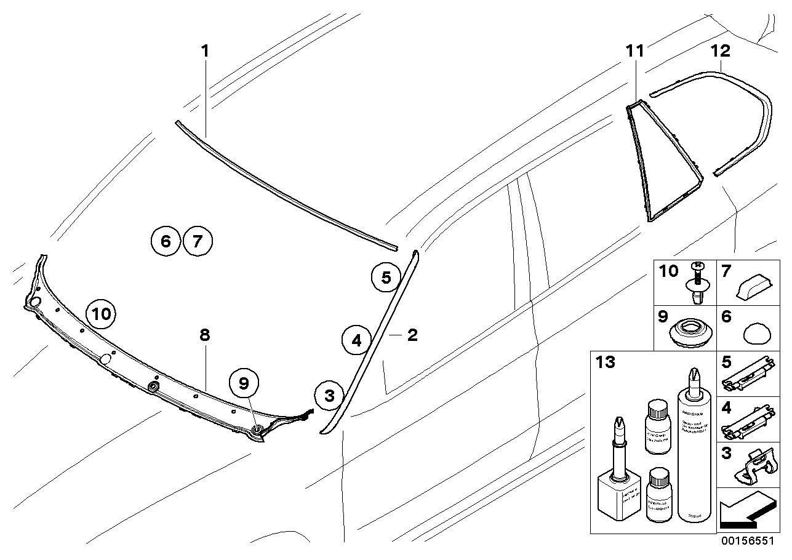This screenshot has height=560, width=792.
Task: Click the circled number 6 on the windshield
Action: coord(166,241)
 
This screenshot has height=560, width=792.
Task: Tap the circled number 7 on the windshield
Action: coord(197,241)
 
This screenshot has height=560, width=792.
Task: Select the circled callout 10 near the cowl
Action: coord(102,314)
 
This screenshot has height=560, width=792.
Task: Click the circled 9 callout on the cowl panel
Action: coord(244,383)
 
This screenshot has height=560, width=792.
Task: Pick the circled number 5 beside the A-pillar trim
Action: coord(386,278)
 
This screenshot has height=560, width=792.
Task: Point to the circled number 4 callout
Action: coord(357,340)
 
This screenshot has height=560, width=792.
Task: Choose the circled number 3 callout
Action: coord(329,396)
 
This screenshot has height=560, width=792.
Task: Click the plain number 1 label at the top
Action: coord(205,51)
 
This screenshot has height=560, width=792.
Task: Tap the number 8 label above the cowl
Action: coord(205,335)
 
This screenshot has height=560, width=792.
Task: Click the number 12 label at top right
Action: coord(721,51)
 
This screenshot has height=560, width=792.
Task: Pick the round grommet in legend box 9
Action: coord(690,332)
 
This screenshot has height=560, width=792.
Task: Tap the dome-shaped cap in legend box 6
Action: coord(758,335)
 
